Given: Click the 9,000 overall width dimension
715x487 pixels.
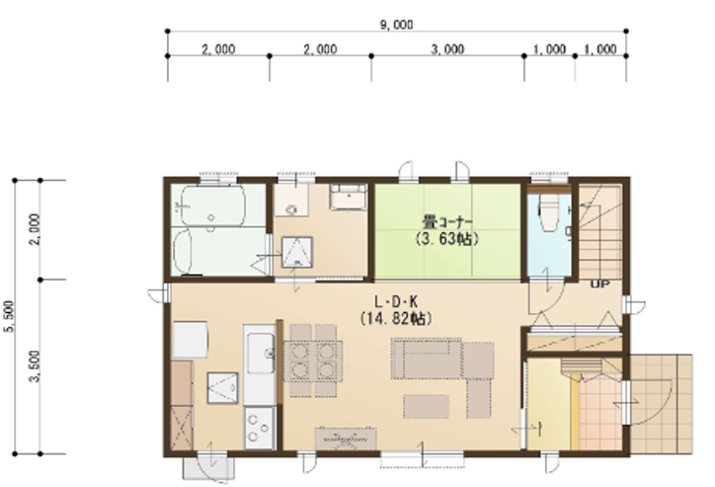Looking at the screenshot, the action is [397, 25].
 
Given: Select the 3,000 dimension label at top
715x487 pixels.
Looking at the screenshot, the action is [447, 49].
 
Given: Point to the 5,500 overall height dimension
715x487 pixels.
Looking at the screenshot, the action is [10, 316].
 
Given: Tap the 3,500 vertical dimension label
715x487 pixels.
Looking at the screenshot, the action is [36, 366].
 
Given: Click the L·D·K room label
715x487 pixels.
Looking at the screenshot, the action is [396, 302].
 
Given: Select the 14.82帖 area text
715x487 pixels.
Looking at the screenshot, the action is [396, 318].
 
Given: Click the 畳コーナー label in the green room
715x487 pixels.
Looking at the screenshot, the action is [447, 223].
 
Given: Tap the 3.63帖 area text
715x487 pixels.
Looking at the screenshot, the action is [447, 238].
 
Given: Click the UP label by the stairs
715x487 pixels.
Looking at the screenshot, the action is [600, 284].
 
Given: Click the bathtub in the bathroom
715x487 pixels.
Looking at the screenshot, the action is [213, 205].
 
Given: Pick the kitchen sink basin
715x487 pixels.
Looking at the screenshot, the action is [261, 354].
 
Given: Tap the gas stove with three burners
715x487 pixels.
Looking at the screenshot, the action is [259, 428].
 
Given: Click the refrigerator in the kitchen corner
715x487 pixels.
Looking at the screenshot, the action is [191, 339].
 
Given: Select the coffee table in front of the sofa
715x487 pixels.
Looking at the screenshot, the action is [426, 407].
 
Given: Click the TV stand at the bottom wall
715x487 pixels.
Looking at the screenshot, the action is [346, 439].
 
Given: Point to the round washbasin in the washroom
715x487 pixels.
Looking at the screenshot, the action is [291, 210].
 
